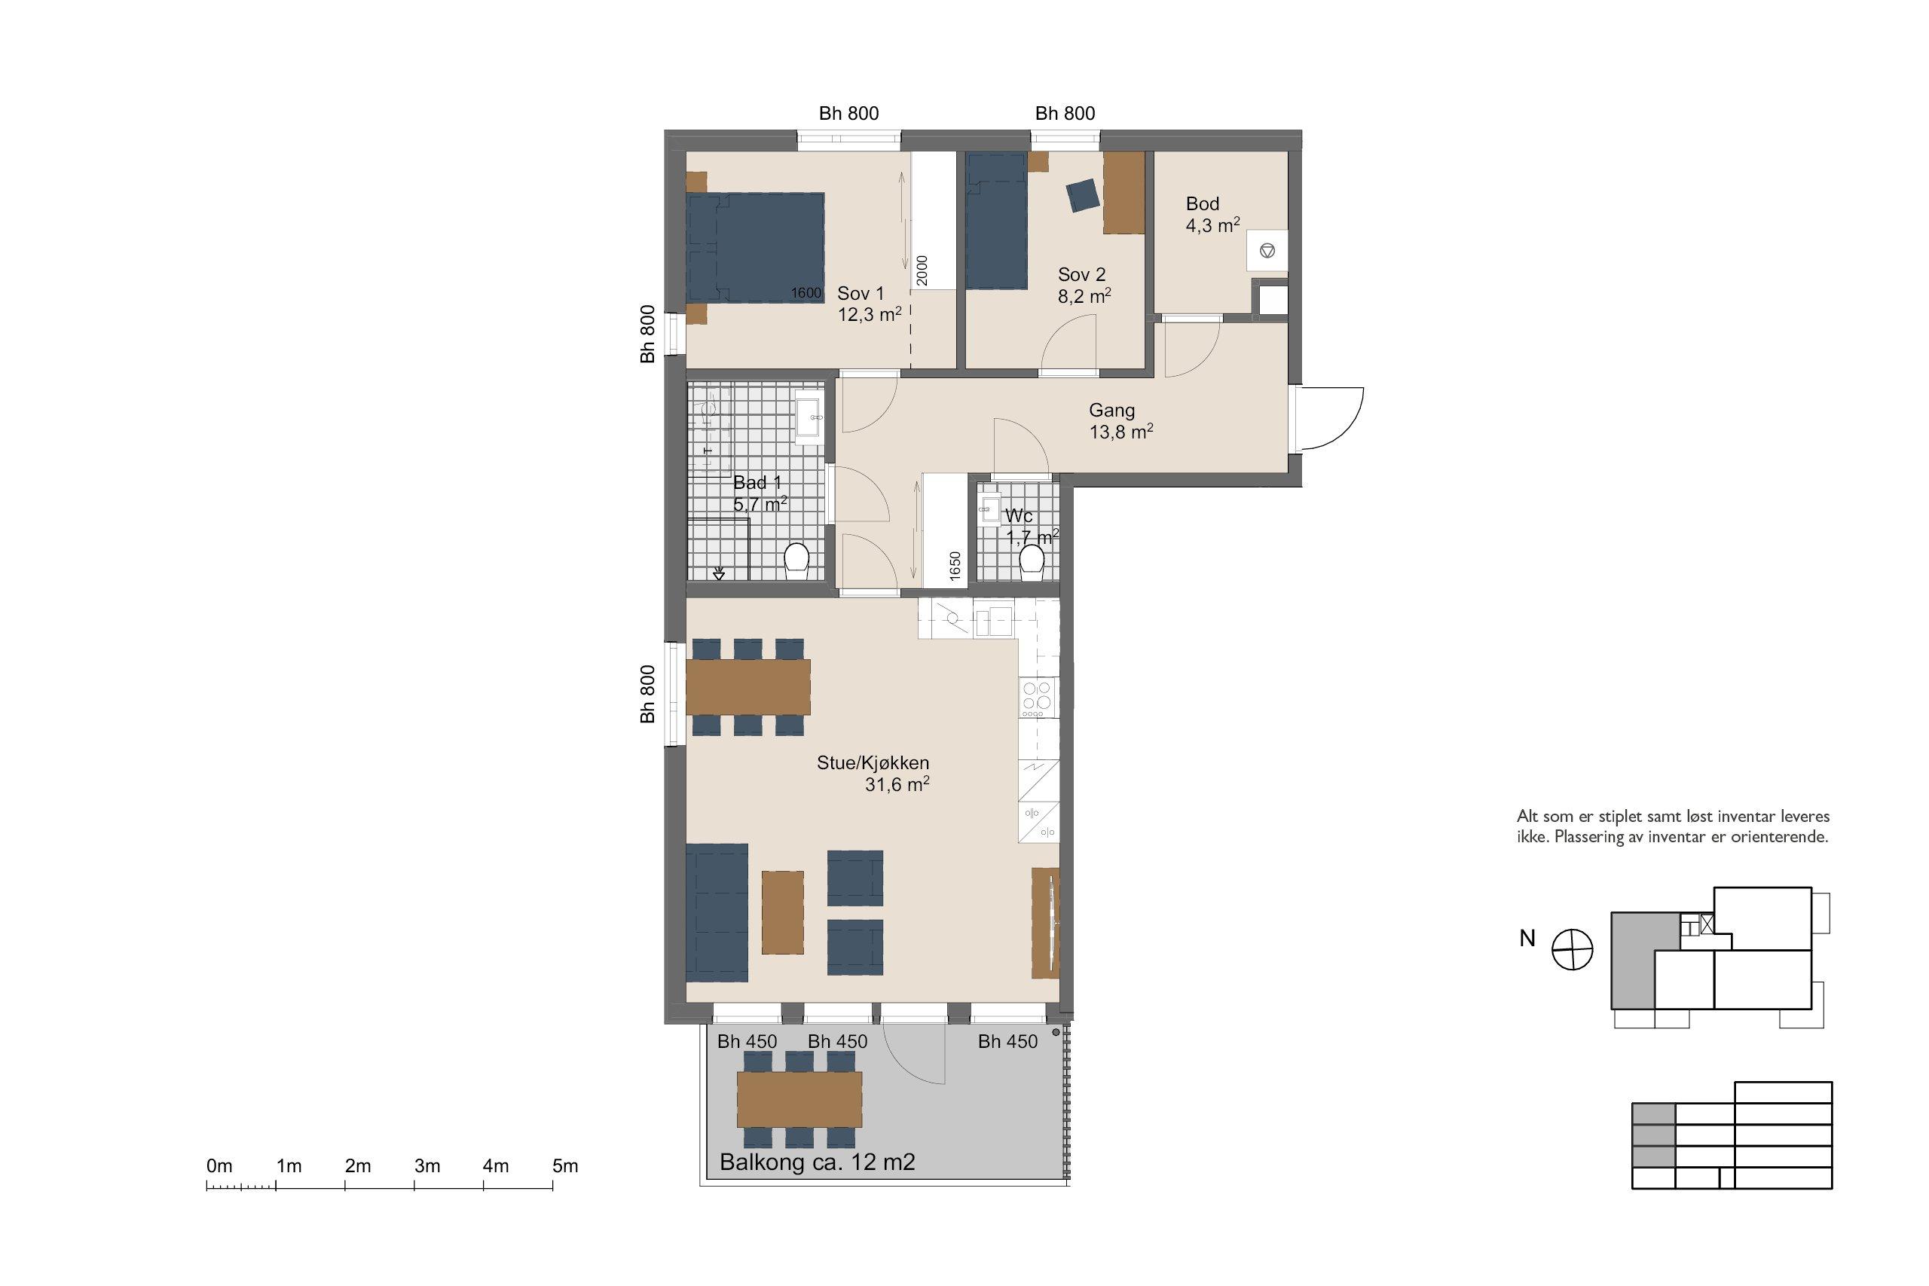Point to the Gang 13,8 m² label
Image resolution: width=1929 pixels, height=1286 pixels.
pyautogui.click(x=1121, y=420)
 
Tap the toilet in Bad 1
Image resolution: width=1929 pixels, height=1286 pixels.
pyautogui.click(x=796, y=561)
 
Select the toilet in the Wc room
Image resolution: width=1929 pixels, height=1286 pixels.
pyautogui.click(x=1032, y=561)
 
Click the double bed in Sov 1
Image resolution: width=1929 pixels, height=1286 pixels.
pyautogui.click(x=755, y=248)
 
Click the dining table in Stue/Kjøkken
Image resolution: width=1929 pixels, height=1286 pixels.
pyautogui.click(x=748, y=687)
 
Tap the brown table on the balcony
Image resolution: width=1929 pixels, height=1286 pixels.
pyautogui.click(x=799, y=1100)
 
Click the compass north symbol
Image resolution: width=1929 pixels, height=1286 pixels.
pyautogui.click(x=1573, y=950)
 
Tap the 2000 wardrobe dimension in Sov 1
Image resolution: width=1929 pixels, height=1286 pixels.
pyautogui.click(x=922, y=270)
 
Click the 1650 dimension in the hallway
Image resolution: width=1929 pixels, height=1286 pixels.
pyautogui.click(x=955, y=566)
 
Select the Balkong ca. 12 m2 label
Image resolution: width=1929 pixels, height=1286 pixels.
pyautogui.click(x=817, y=1162)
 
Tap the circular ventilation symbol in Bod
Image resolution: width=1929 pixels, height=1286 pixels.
pyautogui.click(x=1267, y=249)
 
